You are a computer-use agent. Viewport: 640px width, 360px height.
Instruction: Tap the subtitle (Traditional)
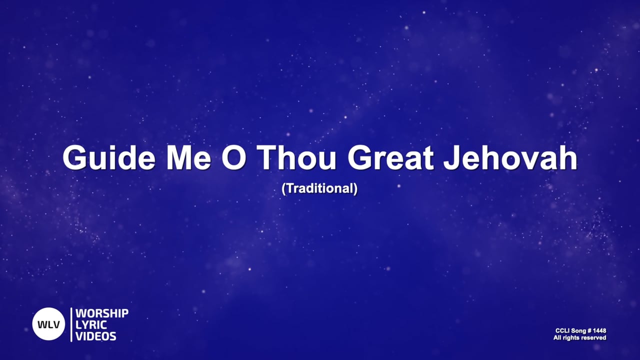(320, 189)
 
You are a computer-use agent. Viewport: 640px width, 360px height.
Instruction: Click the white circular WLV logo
(49, 324)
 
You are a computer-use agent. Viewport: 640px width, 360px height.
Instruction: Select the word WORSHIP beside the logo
(102, 313)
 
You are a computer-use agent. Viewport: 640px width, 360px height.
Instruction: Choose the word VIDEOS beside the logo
(96, 336)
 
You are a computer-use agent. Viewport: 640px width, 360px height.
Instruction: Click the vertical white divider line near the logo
(71, 324)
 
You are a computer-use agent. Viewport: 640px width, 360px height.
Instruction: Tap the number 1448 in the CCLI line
(599, 330)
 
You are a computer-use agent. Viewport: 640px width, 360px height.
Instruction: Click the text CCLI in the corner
(562, 330)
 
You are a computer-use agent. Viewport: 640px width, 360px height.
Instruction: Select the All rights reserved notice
(579, 338)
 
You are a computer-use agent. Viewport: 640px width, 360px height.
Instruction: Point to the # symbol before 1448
(588, 330)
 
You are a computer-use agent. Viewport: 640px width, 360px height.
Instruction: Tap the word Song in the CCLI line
(578, 330)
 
